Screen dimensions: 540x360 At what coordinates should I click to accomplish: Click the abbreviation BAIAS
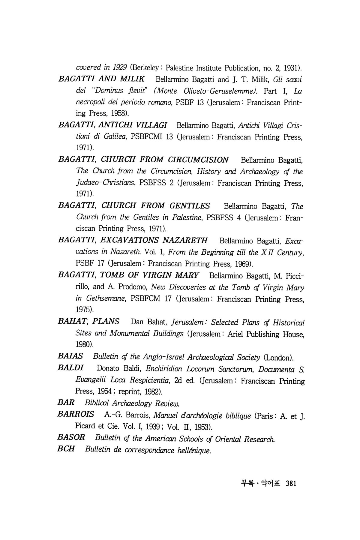coord(70,357)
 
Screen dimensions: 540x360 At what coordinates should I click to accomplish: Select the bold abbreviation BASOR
coord(71,438)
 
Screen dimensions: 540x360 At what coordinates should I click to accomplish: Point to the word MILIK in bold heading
coord(133,79)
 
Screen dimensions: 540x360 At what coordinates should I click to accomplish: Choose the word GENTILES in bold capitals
coord(190,206)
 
